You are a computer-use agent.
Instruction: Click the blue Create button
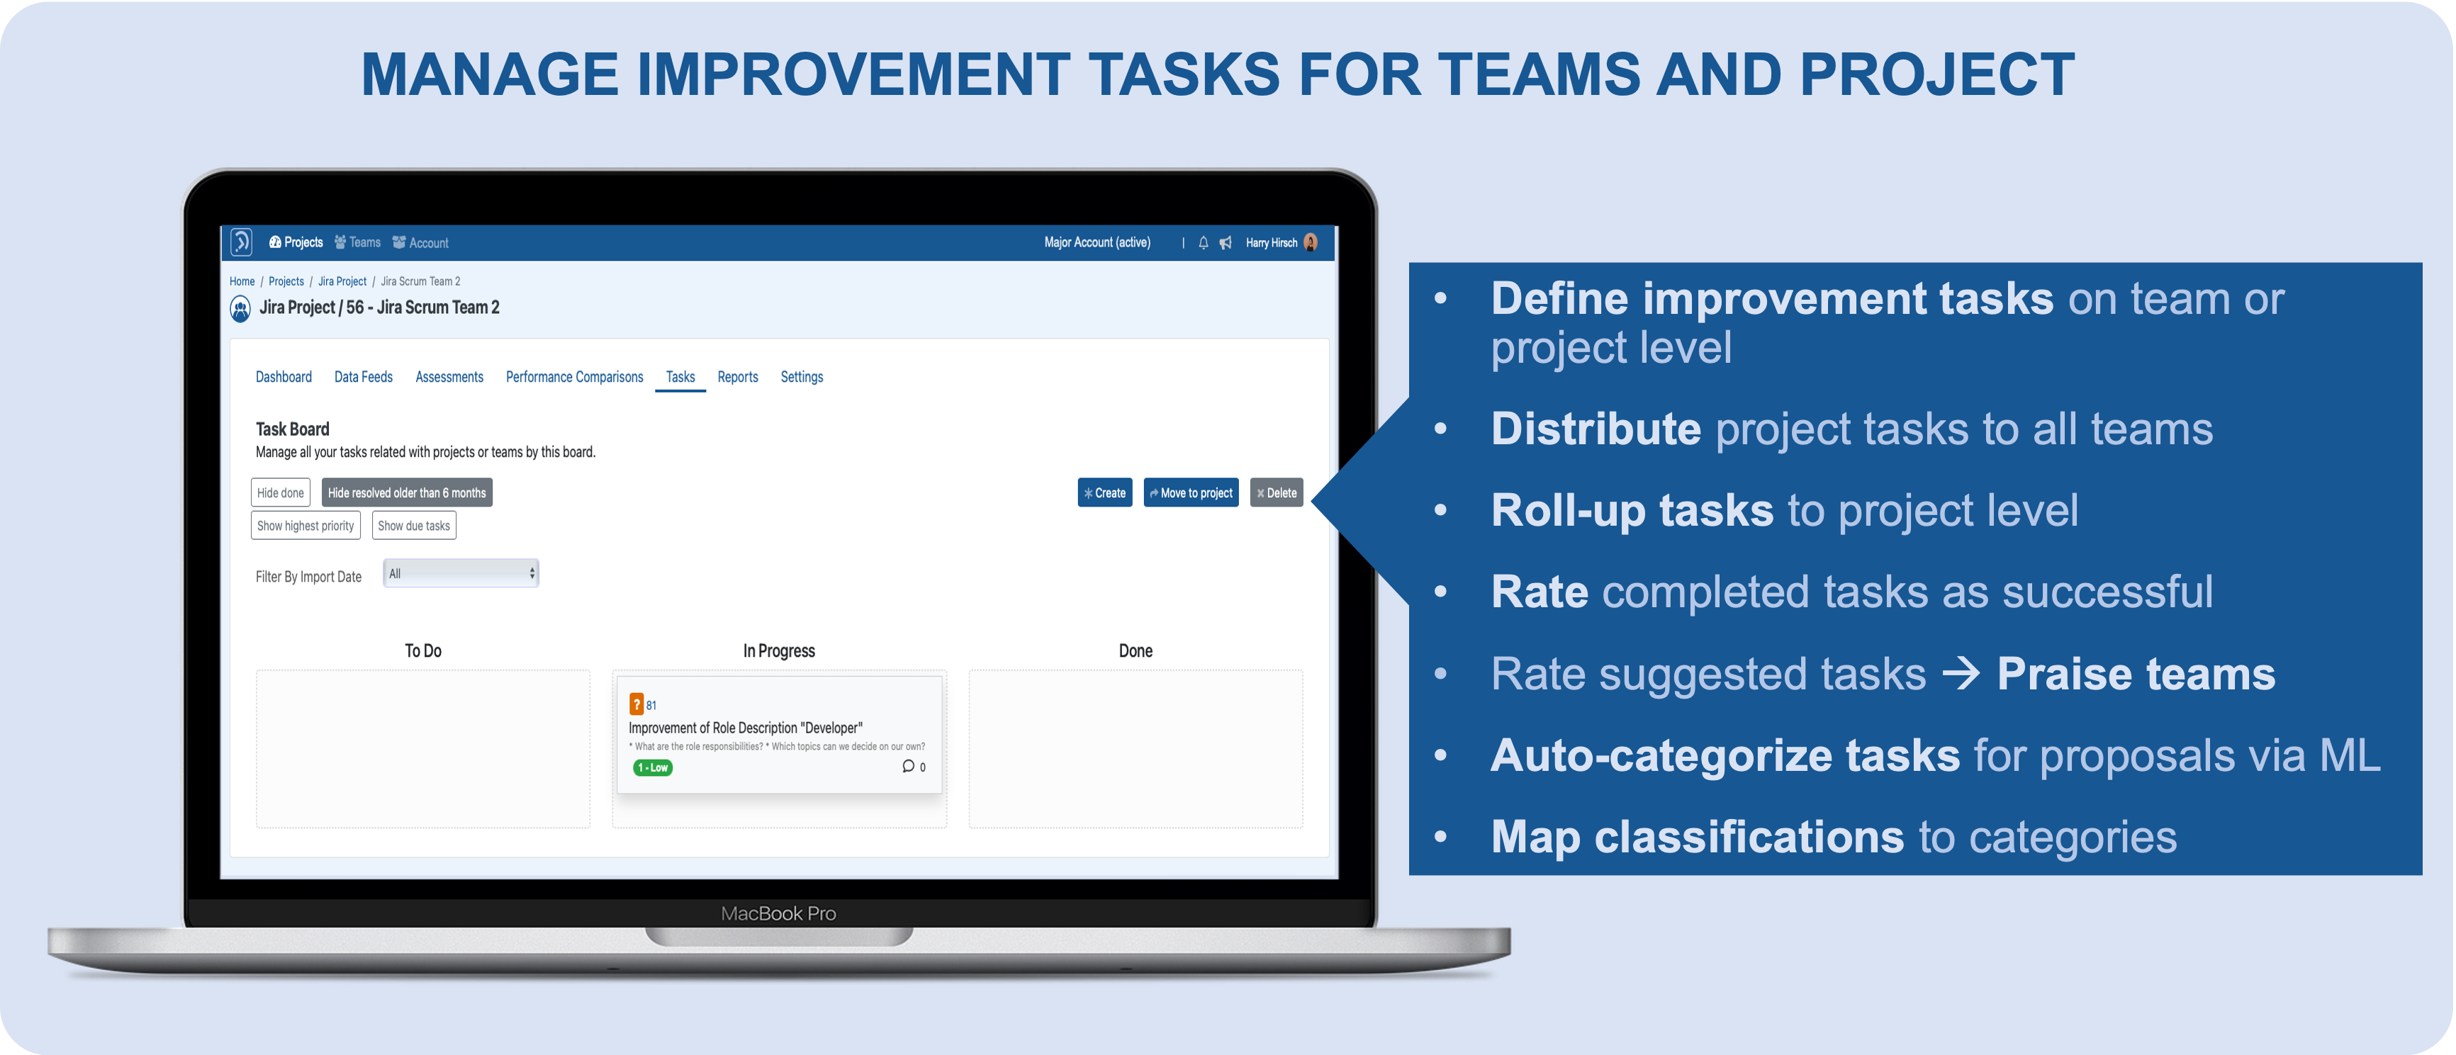click(x=1104, y=492)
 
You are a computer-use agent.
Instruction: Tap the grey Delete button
click(x=1276, y=492)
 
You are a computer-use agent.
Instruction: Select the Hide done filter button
click(x=280, y=492)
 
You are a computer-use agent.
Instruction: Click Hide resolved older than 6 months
click(x=407, y=492)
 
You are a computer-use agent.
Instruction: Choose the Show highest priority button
click(x=305, y=525)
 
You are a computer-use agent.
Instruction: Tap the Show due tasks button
click(x=414, y=525)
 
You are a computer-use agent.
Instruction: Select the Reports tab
click(x=738, y=378)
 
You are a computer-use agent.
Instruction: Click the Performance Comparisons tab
click(x=574, y=378)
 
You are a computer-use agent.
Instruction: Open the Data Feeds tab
click(x=363, y=378)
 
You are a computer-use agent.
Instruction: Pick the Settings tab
click(x=802, y=378)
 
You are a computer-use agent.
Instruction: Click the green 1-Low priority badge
click(x=653, y=767)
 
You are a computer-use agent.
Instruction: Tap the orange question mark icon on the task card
click(x=636, y=704)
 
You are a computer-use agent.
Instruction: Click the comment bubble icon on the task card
click(x=908, y=766)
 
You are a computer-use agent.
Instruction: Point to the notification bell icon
click(x=1204, y=243)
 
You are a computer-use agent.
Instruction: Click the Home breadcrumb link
click(x=242, y=281)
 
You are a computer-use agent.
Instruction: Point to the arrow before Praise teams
click(x=1961, y=674)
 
